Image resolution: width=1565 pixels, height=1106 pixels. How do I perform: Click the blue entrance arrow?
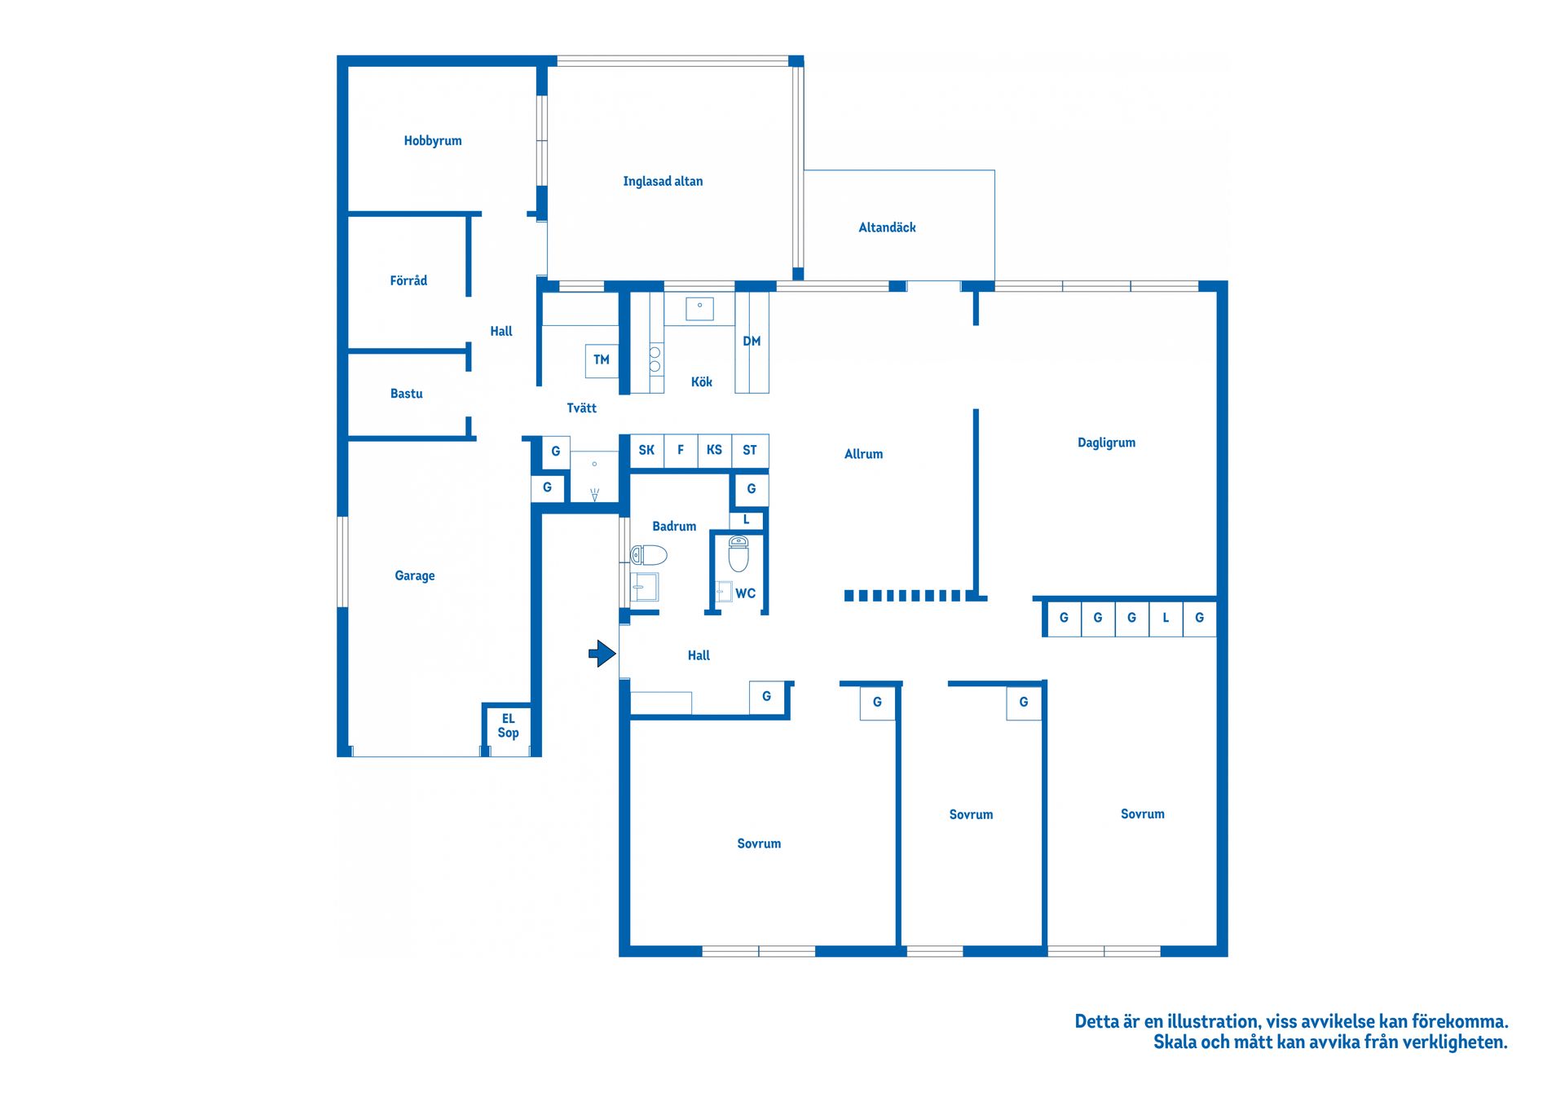pos(602,654)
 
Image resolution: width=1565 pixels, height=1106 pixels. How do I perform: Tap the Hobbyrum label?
pos(433,141)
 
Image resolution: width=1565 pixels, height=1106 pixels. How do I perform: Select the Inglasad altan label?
pos(663,182)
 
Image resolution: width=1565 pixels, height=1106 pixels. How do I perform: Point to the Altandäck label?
pos(887,227)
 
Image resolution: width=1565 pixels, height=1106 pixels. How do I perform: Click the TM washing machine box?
pos(602,360)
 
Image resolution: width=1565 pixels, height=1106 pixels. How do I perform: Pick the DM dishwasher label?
pos(752,341)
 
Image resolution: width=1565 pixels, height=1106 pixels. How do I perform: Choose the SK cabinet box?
pos(646,451)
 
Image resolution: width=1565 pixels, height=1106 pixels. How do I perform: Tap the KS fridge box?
pos(714,451)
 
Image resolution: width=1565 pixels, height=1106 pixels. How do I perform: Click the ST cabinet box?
pos(750,451)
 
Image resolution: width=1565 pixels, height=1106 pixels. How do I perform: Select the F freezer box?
pos(681,451)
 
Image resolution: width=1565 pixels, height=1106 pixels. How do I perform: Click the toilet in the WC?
pos(738,554)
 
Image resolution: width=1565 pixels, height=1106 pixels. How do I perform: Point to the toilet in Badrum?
pos(649,556)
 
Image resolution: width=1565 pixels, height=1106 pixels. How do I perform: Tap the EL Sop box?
pos(508,726)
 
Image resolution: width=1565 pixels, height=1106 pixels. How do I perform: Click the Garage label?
pos(415,576)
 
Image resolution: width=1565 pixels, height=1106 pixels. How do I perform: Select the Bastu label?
pos(407,394)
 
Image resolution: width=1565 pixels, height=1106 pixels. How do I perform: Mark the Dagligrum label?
pos(1106,443)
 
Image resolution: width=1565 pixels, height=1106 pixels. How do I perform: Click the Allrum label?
pos(863,454)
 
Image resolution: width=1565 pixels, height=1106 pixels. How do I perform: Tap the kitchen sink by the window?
pos(699,309)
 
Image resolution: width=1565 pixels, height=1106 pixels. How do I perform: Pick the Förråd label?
pos(408,280)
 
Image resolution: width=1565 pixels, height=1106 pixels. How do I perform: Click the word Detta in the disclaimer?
pos(1098,1021)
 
